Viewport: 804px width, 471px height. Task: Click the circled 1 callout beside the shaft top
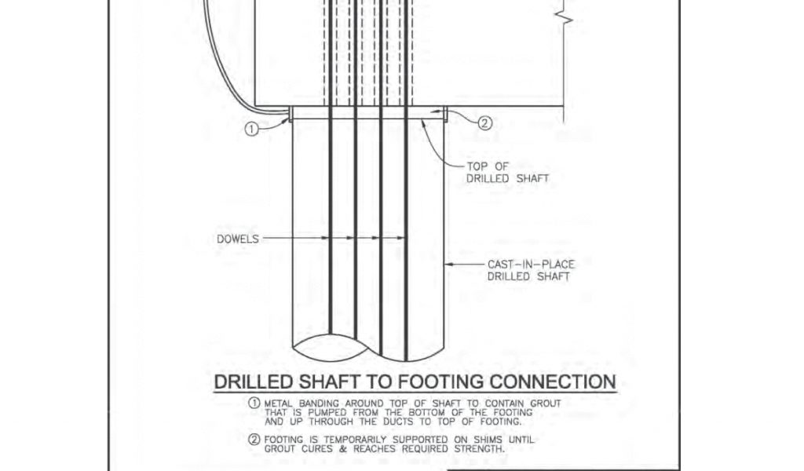point(251,130)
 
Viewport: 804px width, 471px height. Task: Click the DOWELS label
point(236,237)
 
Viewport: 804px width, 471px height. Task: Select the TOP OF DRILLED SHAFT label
point(507,173)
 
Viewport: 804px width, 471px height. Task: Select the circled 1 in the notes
point(254,403)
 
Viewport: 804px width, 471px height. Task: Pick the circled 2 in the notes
point(254,440)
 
